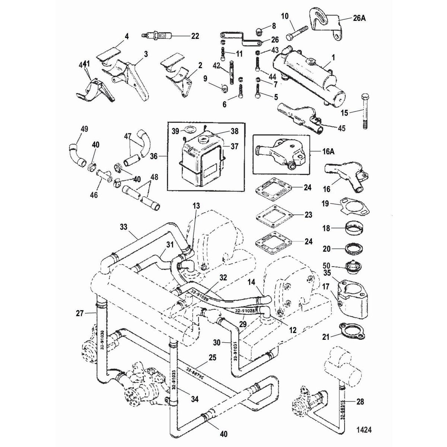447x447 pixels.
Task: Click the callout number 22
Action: (194, 36)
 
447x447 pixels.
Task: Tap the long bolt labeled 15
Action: (365, 112)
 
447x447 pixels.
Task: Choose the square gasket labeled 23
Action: (272, 215)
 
